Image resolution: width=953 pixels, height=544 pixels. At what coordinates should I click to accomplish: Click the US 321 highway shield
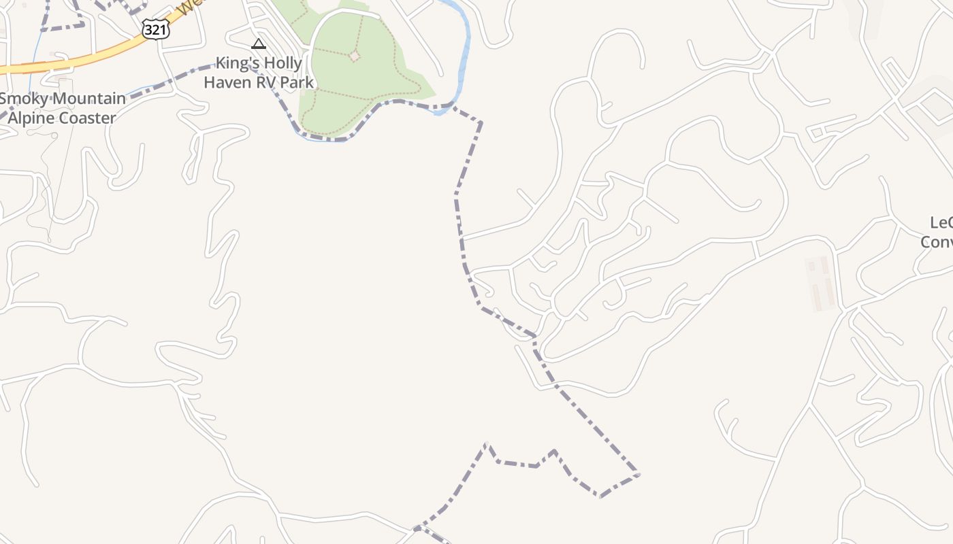155,28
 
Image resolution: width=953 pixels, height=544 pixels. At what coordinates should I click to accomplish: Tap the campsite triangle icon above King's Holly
258,44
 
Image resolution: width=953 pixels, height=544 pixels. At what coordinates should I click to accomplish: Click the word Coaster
85,118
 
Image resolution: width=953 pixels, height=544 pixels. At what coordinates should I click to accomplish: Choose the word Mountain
92,99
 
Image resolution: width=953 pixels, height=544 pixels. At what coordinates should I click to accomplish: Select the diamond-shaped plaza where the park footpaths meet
354,56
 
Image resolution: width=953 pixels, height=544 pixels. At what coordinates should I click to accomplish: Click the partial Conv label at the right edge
937,241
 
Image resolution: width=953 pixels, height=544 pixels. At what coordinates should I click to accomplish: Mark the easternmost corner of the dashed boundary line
639,474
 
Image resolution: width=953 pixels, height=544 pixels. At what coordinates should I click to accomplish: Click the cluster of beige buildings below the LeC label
820,282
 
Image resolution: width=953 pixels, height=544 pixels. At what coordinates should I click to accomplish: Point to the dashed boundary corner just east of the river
481,122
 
